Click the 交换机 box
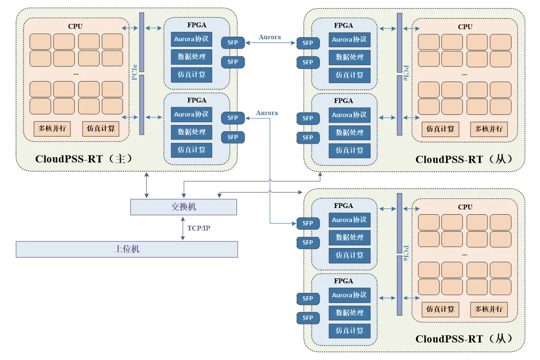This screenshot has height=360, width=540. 183,207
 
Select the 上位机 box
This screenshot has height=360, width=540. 126,249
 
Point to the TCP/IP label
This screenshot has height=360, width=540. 198,228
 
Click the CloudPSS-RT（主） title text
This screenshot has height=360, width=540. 83,159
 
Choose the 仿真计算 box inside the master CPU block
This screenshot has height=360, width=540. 100,129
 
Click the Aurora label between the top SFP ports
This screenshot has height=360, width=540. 270,37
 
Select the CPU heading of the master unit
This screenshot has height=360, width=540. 75,26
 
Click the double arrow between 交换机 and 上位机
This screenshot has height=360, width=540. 182,228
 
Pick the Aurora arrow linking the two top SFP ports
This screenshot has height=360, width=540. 270,43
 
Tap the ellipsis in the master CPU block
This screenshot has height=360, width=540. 76,74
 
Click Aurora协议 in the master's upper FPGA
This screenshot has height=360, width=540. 191,39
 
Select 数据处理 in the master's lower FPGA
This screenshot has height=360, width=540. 191,132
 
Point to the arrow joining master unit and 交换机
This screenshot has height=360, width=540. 147,184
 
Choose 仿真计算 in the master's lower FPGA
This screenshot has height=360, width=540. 191,150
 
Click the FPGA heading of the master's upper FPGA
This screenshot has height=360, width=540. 196,25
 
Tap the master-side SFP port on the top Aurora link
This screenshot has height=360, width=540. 233,42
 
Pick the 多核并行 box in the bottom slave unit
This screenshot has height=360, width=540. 489,309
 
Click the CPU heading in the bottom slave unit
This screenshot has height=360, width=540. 465,207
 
